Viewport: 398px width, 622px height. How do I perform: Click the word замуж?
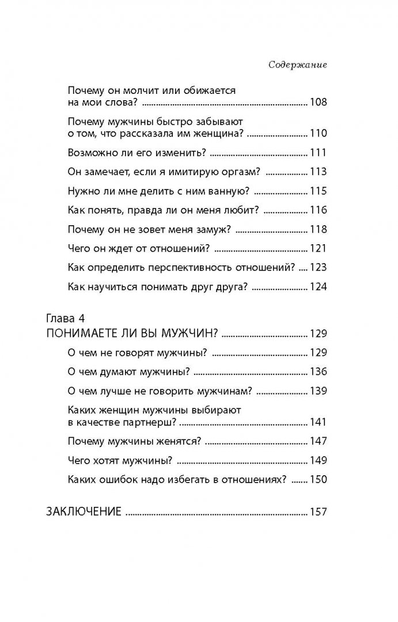(x=212, y=229)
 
